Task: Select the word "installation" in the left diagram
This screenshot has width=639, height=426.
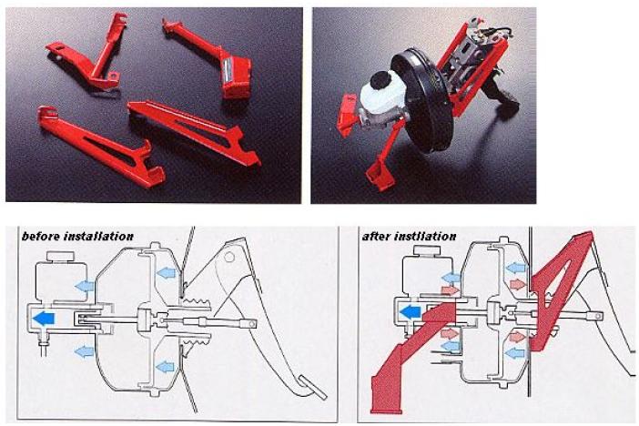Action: (99, 237)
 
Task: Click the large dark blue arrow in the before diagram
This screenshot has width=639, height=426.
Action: (43, 318)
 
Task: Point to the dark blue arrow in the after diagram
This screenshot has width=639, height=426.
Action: (410, 312)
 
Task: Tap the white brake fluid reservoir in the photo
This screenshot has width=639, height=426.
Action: (381, 95)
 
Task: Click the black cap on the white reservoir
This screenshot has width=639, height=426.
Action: (380, 80)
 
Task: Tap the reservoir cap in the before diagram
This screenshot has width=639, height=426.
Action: (60, 257)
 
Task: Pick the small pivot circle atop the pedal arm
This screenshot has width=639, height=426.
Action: (229, 257)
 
